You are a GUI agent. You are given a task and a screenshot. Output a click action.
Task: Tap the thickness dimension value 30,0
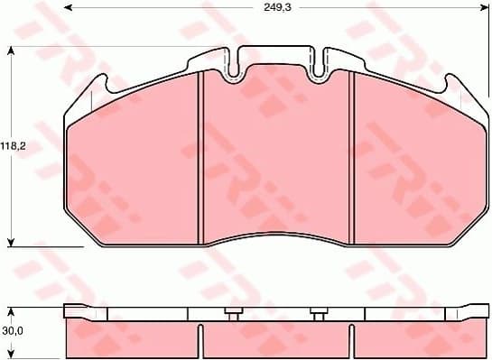point(12,330)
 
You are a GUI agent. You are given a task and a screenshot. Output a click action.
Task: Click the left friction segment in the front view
point(135,162)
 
